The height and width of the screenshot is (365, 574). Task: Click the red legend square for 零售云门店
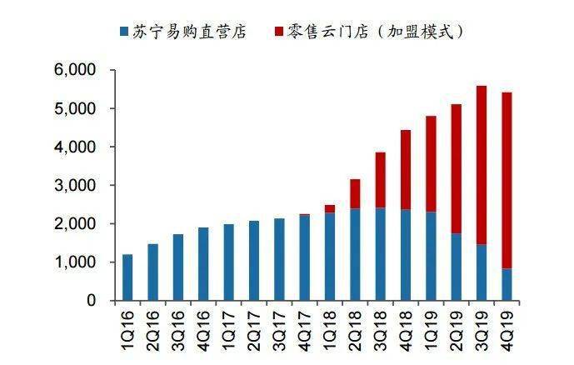pyautogui.click(x=279, y=32)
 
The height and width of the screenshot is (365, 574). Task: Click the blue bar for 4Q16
pyautogui.click(x=203, y=264)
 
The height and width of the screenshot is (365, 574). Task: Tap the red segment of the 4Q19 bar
pyautogui.click(x=506, y=180)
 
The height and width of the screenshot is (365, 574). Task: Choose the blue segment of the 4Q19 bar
pyautogui.click(x=506, y=285)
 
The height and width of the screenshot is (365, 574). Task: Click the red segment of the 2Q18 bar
pyautogui.click(x=355, y=193)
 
